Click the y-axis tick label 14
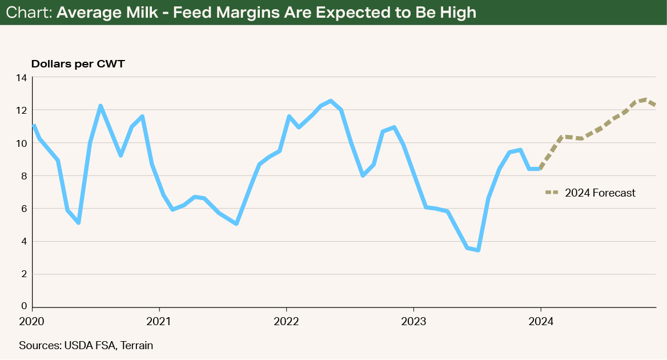pyautogui.click(x=22, y=77)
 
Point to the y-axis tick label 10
pyautogui.click(x=22, y=143)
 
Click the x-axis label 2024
pyautogui.click(x=541, y=321)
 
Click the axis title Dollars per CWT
pyautogui.click(x=78, y=63)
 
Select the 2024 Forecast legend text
pyautogui.click(x=600, y=193)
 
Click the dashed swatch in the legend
pyautogui.click(x=552, y=193)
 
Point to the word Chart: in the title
pyautogui.click(x=27, y=12)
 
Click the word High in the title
pyautogui.click(x=457, y=12)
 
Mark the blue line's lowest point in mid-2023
pyautogui.click(x=477, y=250)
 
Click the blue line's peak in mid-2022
pyautogui.click(x=330, y=101)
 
